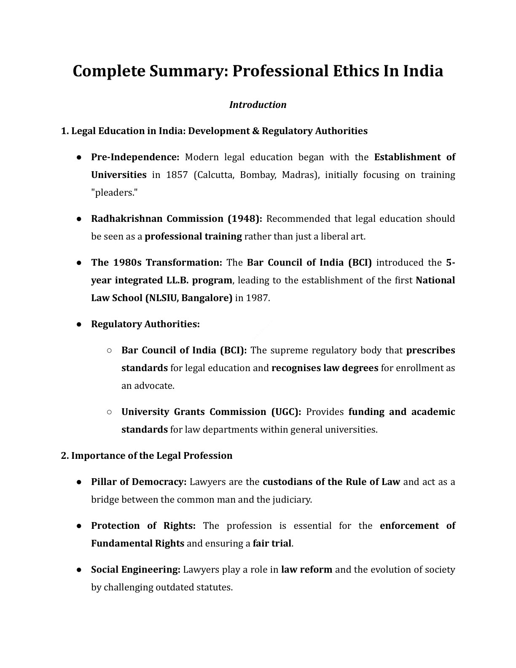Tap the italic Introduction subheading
pos(258,105)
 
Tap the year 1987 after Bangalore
pos(257,298)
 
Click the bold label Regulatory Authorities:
pos(145,324)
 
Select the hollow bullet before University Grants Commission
pos(109,412)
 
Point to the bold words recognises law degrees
pos(325,368)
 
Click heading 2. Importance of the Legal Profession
pos(147,455)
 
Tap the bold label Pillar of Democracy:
pos(139,482)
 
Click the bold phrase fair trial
pos(272,543)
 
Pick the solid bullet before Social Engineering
pos(79,569)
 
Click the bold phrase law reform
pos(306,569)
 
